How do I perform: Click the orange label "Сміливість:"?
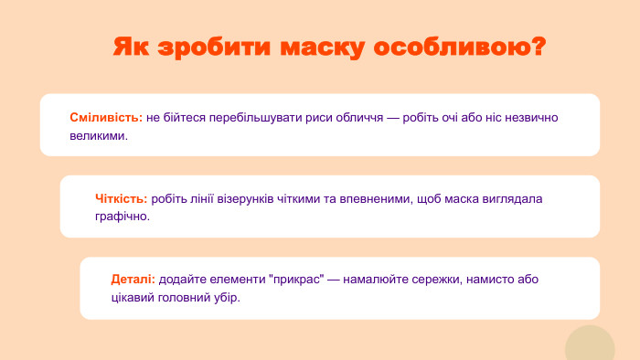[x=106, y=118]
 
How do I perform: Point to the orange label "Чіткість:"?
[x=121, y=198]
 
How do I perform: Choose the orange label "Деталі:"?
[x=133, y=279]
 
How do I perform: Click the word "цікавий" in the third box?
[x=132, y=297]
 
